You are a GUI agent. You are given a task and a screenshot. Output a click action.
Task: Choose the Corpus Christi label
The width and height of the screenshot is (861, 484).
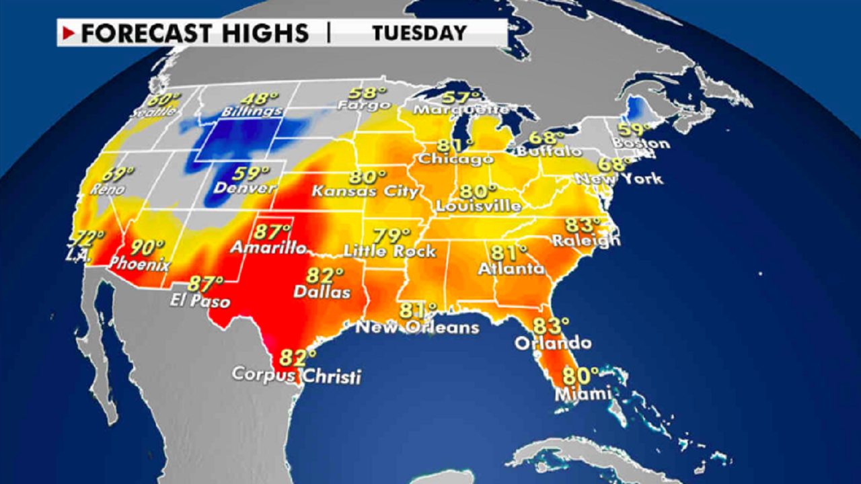(x=296, y=374)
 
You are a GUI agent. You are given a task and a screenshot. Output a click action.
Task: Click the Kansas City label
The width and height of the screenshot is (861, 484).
(x=366, y=192)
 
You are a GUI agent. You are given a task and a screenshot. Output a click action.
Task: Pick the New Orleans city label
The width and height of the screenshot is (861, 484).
(x=417, y=327)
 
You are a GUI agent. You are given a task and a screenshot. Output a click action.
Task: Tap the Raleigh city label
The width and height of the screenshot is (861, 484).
(x=585, y=240)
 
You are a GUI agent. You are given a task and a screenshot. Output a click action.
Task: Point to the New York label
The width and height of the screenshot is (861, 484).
(x=619, y=179)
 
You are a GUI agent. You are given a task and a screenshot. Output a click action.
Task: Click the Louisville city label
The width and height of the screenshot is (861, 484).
(x=478, y=206)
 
